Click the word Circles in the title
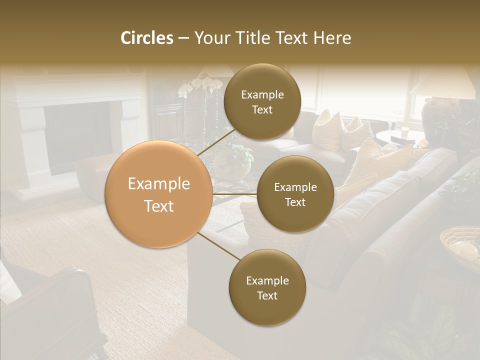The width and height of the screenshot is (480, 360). pyautogui.click(x=146, y=38)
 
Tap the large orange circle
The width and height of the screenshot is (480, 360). pyautogui.click(x=159, y=194)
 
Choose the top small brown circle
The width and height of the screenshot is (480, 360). pyautogui.click(x=262, y=101)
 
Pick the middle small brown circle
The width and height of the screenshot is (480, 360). pyautogui.click(x=295, y=194)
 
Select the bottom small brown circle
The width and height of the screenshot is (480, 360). pyautogui.click(x=267, y=287)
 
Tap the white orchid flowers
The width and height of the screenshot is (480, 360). pyautogui.click(x=200, y=86)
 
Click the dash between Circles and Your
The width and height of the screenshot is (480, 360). pyautogui.click(x=183, y=38)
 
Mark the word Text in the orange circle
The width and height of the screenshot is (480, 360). pyautogui.click(x=159, y=205)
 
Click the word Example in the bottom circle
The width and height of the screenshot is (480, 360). pyautogui.click(x=267, y=280)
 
